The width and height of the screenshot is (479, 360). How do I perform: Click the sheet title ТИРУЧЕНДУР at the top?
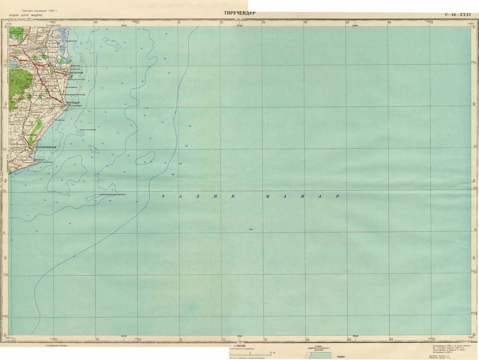[x=239, y=13]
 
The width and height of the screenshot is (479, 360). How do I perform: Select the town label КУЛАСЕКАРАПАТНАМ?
[x=45, y=147]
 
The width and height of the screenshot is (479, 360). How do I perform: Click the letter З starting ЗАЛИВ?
[x=163, y=196]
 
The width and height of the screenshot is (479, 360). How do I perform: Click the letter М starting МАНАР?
[x=268, y=196]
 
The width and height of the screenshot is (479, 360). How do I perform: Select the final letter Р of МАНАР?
[x=337, y=196]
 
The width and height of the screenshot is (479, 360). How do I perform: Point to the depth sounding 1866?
[x=251, y=229]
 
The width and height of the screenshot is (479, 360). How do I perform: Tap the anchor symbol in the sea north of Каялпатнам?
[x=82, y=42]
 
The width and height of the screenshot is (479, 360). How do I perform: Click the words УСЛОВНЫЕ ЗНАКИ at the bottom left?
[x=55, y=345]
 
